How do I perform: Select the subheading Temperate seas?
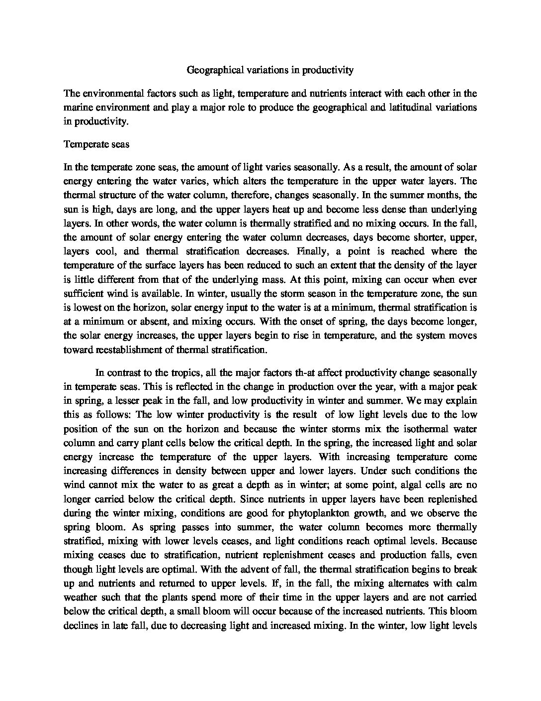point(96,144)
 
